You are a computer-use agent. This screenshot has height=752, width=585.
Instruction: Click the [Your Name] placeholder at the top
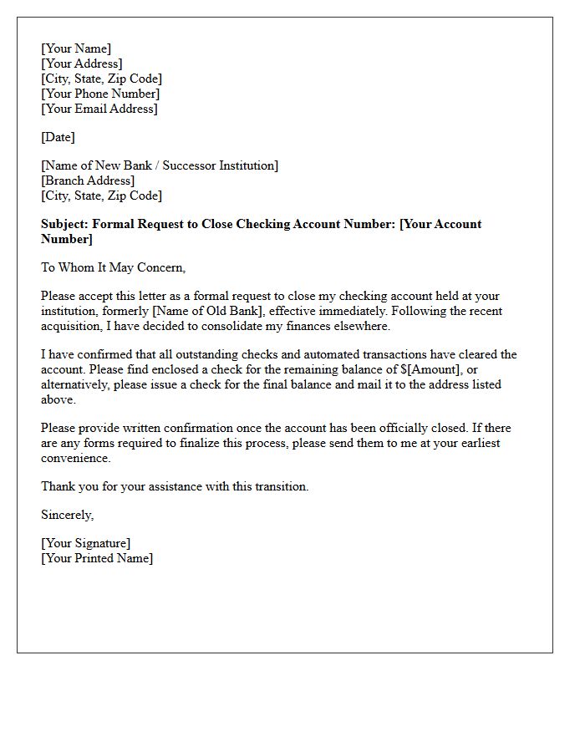76,48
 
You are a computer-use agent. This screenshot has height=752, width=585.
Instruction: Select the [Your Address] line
82,64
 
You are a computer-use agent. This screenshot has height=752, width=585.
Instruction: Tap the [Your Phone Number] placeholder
100,94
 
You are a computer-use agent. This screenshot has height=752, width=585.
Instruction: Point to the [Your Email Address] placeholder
99,109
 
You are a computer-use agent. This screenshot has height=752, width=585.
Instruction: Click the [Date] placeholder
58,137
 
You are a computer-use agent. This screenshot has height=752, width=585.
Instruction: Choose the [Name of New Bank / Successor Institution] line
160,165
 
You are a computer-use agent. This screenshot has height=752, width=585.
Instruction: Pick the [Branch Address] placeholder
88,180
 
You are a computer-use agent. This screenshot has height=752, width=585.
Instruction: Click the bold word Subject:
65,224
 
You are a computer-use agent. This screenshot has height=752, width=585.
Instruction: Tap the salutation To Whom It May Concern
113,267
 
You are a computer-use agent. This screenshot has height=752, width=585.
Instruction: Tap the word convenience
75,458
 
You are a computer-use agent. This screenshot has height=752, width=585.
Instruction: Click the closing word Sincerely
67,515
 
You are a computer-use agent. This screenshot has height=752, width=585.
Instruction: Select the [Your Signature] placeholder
86,543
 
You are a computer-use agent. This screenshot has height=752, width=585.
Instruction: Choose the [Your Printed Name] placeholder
97,558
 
